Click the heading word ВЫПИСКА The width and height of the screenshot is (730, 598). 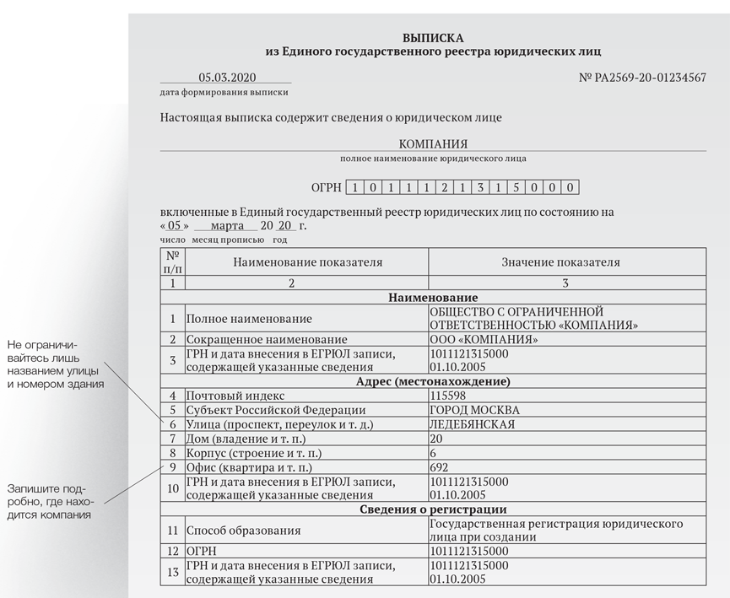click(433, 38)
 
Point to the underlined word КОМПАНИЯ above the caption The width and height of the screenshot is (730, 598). click(433, 143)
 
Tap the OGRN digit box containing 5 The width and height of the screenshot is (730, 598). click(516, 187)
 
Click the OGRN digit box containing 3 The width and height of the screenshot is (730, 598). click(479, 187)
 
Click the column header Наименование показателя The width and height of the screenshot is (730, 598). click(307, 261)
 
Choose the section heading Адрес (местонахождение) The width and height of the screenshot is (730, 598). click(433, 381)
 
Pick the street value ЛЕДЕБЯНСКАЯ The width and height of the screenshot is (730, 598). click(472, 424)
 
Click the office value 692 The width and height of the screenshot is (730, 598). click(440, 467)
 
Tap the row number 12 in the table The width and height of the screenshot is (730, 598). click(172, 551)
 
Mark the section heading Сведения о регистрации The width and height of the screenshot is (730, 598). click(433, 509)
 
